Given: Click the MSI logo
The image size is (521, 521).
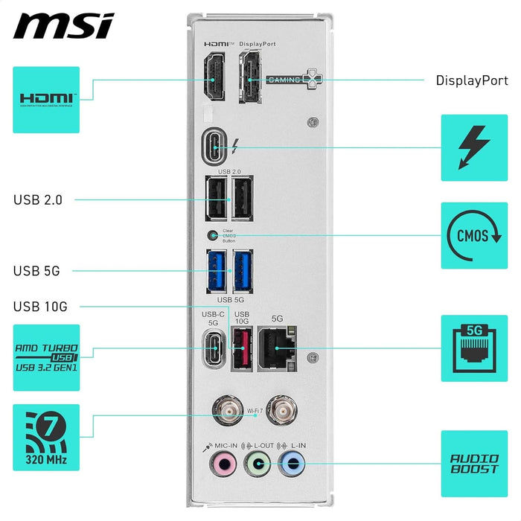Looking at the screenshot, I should click(63, 26).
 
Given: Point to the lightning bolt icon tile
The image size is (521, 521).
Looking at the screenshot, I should click(474, 147).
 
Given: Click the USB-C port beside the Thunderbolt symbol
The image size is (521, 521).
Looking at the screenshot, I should click(216, 147).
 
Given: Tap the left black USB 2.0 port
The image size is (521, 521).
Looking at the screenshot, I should click(216, 199).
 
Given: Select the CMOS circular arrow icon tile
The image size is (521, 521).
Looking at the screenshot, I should click(474, 235).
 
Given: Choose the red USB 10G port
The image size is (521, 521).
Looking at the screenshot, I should click(241, 348).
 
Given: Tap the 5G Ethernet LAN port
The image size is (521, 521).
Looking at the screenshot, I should click(277, 348).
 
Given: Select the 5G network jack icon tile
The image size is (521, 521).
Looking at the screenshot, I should click(474, 348).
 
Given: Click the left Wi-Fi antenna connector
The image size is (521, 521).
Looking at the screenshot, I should click(222, 409).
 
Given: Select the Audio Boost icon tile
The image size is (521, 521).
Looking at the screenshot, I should click(474, 464).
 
